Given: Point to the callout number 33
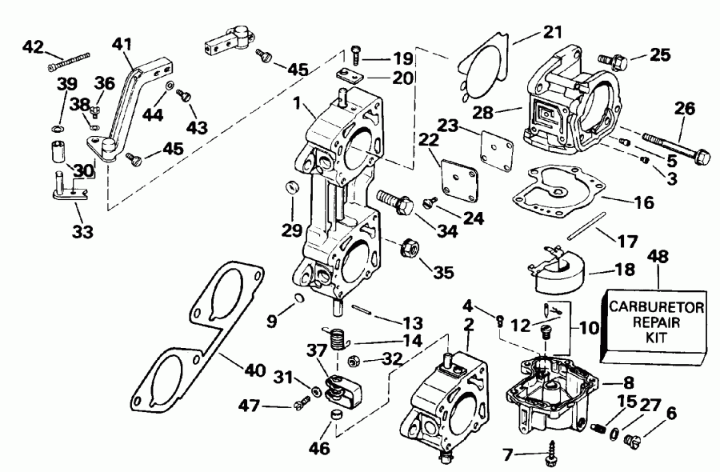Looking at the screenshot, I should point(82,233).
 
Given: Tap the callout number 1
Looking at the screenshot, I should point(298,104).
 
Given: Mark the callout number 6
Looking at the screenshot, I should point(670,414).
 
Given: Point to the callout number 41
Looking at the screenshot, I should point(122,46).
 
